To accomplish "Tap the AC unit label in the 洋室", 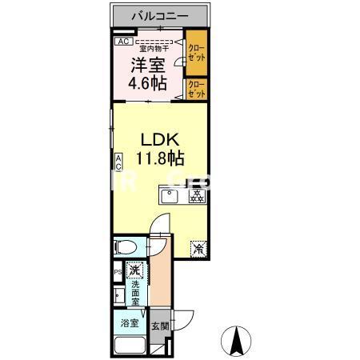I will click(x=123, y=41).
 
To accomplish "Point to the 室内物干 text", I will click(x=155, y=47).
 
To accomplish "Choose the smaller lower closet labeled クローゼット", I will click(x=196, y=89).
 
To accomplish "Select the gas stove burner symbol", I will click(x=195, y=196).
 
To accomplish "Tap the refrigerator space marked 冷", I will click(x=198, y=248).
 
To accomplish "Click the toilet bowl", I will click(x=127, y=246).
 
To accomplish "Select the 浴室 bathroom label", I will click(x=130, y=324).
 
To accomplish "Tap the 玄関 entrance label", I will click(x=159, y=326).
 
